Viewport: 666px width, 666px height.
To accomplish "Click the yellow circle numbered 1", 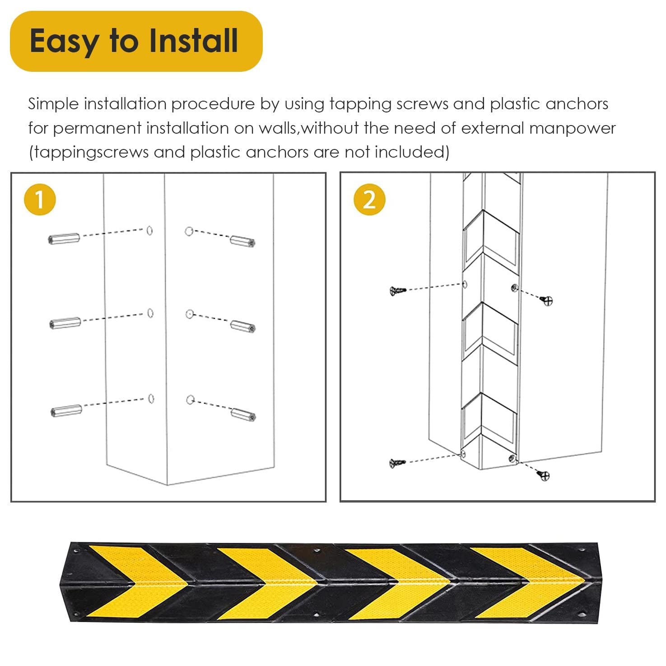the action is click(x=40, y=200).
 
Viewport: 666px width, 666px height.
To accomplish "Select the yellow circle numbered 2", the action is click(x=369, y=200).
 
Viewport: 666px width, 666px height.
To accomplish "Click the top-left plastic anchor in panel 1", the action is click(x=64, y=238).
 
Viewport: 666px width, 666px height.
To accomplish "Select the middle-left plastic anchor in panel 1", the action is click(x=65, y=323).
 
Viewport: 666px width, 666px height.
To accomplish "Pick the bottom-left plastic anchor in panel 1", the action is click(x=66, y=411).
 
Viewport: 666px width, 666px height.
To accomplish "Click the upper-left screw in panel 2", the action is click(x=398, y=291).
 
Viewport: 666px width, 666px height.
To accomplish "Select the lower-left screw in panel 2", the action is click(x=397, y=462).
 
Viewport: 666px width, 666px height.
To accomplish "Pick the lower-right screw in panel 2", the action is click(x=544, y=475).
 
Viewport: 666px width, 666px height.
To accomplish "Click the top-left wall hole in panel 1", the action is click(x=149, y=231).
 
